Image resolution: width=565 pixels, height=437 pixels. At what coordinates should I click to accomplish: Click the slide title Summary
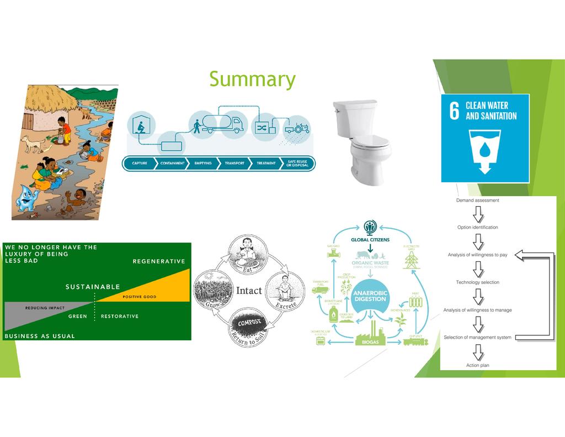252,80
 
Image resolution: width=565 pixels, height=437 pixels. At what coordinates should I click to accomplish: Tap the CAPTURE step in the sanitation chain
139,164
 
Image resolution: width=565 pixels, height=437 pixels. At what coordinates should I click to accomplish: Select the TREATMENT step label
266,164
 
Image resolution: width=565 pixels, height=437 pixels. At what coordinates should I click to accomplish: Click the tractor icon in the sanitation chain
298,129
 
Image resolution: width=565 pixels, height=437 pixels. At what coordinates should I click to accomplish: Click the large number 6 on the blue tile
454,110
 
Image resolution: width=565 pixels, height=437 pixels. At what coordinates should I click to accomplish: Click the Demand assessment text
477,201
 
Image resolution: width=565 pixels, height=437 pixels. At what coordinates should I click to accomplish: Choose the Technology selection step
477,282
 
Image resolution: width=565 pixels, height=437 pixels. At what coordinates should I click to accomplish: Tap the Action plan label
477,365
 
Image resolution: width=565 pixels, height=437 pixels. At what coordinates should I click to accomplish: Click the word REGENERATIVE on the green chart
158,261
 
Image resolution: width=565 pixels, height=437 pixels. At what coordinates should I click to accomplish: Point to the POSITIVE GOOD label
139,297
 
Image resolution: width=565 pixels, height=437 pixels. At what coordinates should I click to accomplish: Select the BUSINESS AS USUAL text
40,336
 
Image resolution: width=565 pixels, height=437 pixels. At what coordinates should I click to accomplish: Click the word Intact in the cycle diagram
249,291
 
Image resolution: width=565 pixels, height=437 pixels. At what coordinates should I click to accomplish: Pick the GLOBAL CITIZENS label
370,240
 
